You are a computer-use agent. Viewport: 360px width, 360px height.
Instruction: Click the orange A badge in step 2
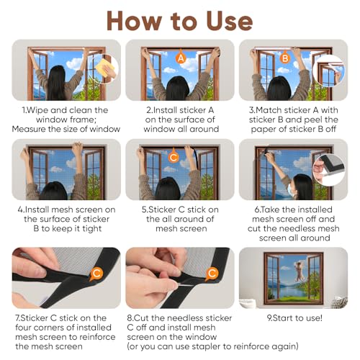[181, 55]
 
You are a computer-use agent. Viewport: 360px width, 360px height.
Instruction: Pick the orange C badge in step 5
[174, 156]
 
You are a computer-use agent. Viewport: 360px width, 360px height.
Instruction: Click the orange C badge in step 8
[212, 273]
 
